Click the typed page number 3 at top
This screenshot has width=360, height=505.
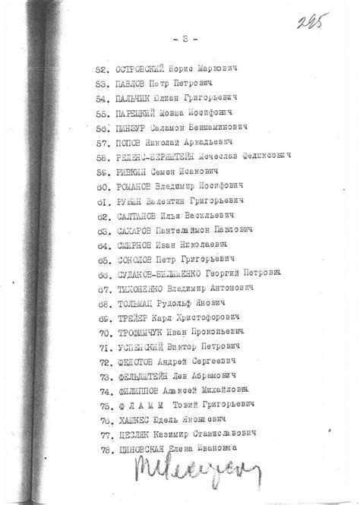(x=181, y=37)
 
